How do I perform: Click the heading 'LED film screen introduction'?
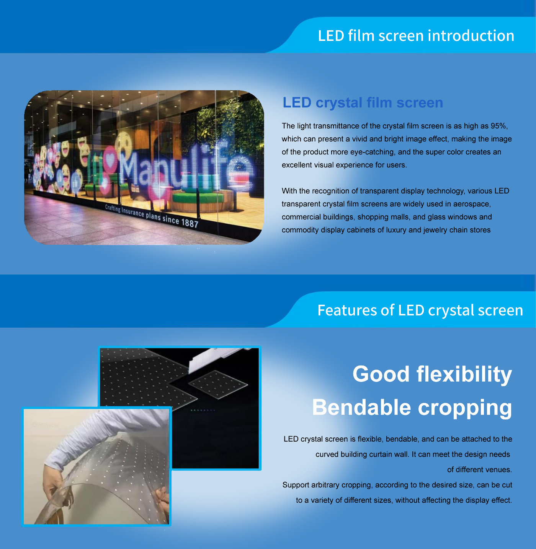416,36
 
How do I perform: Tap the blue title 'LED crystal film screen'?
363,102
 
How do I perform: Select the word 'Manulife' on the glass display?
186,169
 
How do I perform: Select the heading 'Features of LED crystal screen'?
420,310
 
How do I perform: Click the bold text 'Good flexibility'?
432,374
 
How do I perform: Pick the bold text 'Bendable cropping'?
412,408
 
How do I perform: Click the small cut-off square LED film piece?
218,384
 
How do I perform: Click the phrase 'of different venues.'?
479,469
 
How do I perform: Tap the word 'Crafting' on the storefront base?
113,208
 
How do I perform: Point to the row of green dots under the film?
203,410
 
